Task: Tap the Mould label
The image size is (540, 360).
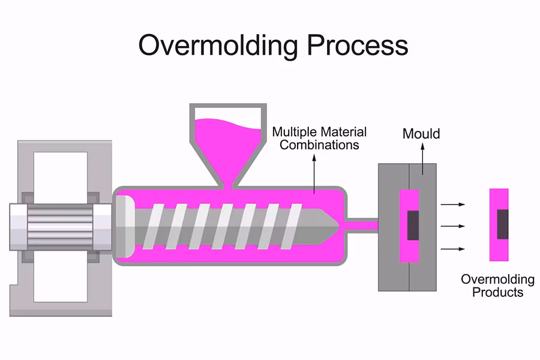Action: pos(421,133)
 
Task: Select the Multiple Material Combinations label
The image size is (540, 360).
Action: pos(319,138)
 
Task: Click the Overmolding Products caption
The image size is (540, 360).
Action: pos(497,286)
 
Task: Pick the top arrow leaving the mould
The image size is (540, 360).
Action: pos(453,205)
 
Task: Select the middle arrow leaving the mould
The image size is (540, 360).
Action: pos(453,226)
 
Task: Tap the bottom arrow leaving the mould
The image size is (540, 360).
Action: pos(453,248)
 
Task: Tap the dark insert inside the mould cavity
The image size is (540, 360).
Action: pos(413,226)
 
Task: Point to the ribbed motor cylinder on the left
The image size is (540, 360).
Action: pos(60,227)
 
